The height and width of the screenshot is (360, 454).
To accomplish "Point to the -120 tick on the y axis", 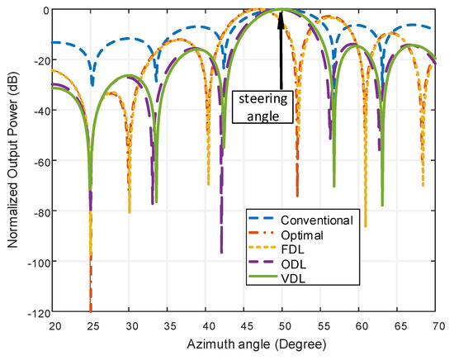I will pos(37,312).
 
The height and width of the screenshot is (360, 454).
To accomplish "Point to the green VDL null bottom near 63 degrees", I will pos(382,205).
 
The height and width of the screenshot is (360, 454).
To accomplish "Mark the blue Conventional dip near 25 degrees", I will pos(92,84).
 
